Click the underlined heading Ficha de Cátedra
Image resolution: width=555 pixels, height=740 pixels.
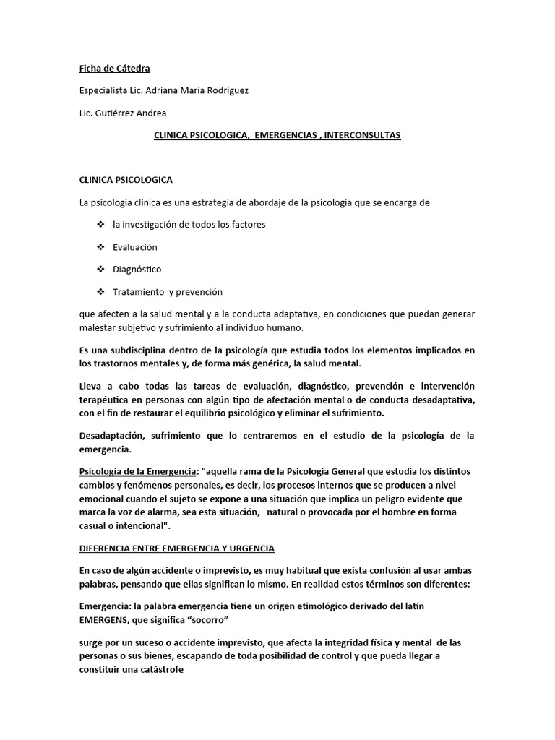[114, 69]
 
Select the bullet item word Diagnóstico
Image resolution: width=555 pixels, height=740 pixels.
[137, 270]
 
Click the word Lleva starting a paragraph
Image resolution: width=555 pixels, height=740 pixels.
[92, 387]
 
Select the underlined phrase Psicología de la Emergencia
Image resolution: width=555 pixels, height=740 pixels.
[138, 472]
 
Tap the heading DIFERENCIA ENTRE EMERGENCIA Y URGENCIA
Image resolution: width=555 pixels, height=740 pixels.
[176, 548]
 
